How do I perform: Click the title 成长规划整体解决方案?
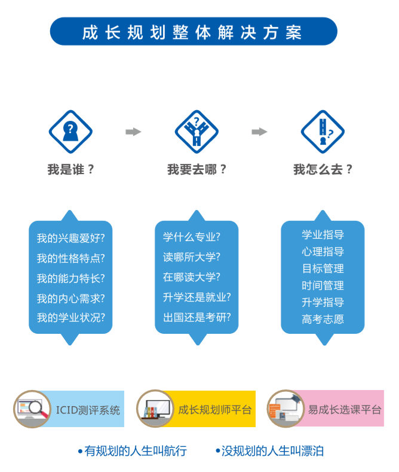[x=193, y=32]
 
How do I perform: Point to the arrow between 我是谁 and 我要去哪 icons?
[x=133, y=132]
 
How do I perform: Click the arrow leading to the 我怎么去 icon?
[x=259, y=132]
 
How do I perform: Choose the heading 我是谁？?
[x=70, y=169]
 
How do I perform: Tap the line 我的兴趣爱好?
[x=70, y=238]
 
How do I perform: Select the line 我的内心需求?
[x=70, y=298]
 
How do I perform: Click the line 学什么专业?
[x=192, y=237]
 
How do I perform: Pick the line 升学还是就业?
[x=197, y=297]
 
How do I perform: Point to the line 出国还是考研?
[x=197, y=317]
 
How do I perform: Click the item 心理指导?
[x=323, y=251]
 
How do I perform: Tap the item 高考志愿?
[x=323, y=319]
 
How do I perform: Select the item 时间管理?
[x=323, y=285]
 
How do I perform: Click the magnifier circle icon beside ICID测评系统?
[x=32, y=409]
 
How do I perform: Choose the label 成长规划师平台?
[x=215, y=410]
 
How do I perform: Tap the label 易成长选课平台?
[x=344, y=410]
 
